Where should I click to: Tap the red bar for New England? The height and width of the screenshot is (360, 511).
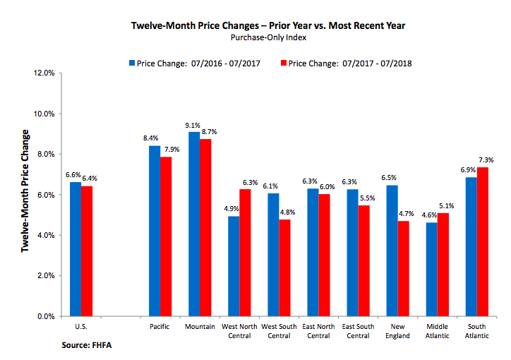click(x=403, y=268)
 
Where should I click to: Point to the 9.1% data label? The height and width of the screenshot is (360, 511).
click(x=194, y=126)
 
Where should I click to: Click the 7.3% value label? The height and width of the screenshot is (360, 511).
click(x=485, y=160)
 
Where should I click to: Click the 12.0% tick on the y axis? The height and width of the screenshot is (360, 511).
click(x=44, y=73)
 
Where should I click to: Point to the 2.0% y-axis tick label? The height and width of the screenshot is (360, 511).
click(x=45, y=276)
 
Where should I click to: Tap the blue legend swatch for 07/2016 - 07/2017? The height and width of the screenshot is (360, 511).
click(x=132, y=64)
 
